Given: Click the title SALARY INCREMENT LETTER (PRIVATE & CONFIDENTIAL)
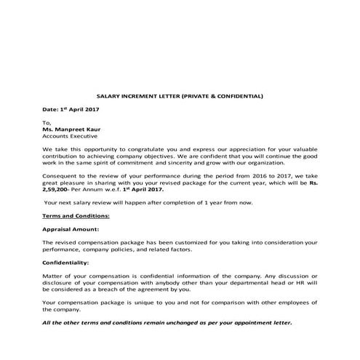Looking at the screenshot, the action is pos(180,95).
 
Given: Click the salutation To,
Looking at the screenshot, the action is pos(47,121).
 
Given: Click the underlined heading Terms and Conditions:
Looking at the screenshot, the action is pos(76,216).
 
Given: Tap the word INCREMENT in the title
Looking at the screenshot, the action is pos(144,95).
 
